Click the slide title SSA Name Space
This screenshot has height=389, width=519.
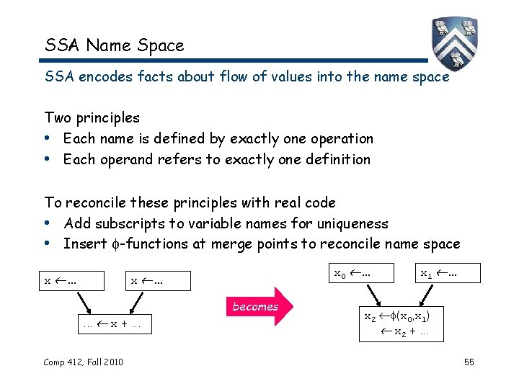pos(115,45)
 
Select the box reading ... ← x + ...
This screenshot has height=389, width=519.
pos(111,325)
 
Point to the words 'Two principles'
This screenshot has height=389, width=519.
pos(92,117)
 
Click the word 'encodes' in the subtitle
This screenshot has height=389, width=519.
pos(98,76)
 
